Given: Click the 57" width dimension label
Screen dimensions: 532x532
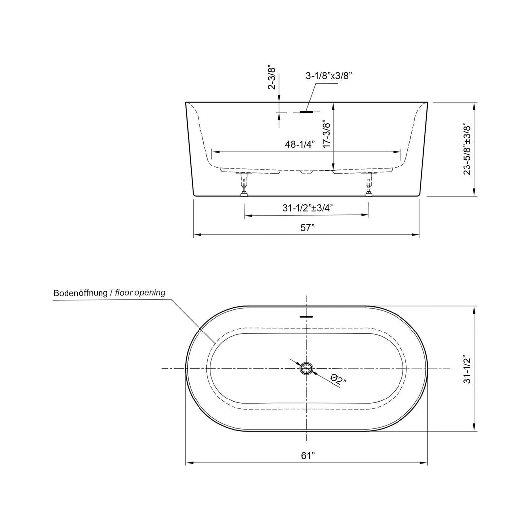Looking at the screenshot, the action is pos(308,228).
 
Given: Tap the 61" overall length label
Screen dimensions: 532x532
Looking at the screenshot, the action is pos(308,455).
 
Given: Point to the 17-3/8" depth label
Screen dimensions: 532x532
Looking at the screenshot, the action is pos(327,133).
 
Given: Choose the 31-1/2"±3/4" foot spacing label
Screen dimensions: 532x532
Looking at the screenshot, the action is pos(307,208).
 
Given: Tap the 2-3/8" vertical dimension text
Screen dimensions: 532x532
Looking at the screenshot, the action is pos(272,77).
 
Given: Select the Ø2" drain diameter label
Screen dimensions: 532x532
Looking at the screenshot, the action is pos(338,379).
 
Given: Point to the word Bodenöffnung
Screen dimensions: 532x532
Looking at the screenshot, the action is pos(80,293).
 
